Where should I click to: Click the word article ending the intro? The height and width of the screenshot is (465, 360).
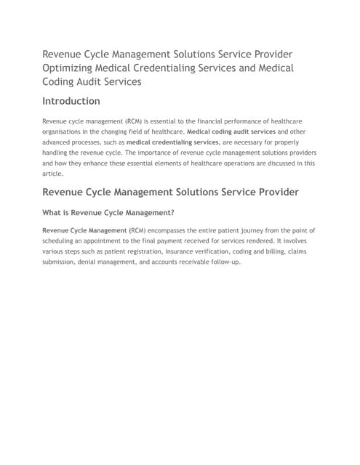pos(54,174)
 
